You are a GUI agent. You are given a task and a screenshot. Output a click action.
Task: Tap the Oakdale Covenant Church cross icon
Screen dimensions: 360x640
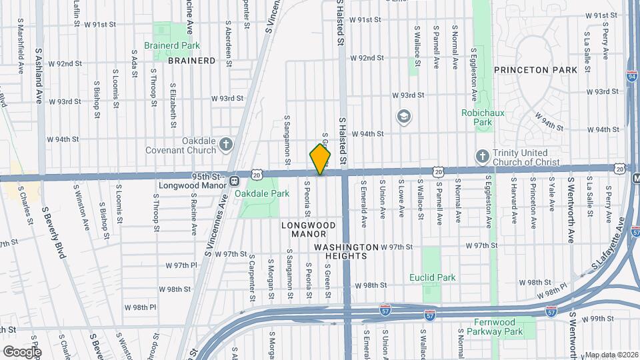click(227, 143)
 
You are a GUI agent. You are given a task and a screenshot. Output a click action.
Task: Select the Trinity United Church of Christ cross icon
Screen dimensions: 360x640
click(482, 156)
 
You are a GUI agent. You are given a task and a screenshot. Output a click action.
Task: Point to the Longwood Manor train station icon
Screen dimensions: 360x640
click(234, 181)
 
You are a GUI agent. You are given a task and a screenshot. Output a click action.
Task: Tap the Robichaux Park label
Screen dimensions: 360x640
click(477, 117)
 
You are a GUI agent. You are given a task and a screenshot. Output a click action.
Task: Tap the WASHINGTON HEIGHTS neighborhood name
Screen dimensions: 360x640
click(346, 247)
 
